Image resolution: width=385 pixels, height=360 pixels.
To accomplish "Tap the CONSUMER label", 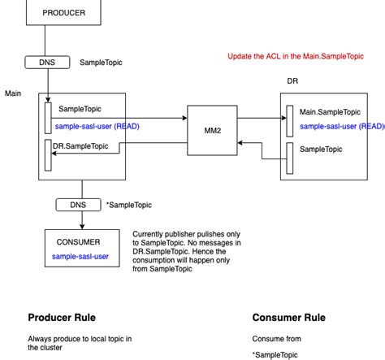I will [x=78, y=241].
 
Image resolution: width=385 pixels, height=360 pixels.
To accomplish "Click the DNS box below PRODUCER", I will [x=48, y=62].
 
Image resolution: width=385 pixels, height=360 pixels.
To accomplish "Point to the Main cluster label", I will [x=13, y=93].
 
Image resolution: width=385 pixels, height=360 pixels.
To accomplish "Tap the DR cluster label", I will [x=292, y=82].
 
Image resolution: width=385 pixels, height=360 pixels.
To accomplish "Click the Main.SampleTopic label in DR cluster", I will [x=331, y=112].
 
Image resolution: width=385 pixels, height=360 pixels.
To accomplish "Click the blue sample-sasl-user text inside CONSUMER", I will [x=81, y=256].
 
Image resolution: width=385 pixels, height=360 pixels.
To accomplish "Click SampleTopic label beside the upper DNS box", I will [x=101, y=63].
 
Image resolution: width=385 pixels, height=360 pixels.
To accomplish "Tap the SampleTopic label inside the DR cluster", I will [x=321, y=150].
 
